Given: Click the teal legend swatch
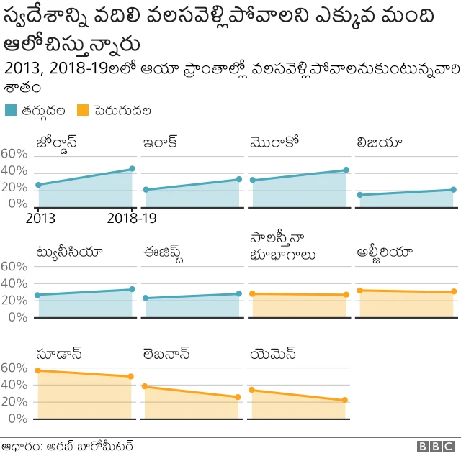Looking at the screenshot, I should click(x=12, y=111).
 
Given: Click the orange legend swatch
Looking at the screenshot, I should click(x=83, y=111).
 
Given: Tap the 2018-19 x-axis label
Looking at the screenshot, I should click(x=132, y=218).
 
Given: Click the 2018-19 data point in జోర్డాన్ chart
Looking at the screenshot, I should click(x=132, y=169).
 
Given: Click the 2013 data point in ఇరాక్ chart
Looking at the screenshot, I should click(x=146, y=190).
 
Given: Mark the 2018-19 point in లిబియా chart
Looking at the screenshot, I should click(x=453, y=190).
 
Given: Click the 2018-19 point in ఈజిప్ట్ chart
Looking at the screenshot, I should click(x=238, y=293).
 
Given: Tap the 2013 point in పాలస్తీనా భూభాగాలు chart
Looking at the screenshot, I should click(x=252, y=293).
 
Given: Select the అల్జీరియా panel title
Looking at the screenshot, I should click(x=385, y=252).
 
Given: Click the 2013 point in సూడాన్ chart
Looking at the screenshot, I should click(x=37, y=370).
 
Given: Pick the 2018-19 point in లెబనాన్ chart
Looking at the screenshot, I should click(x=238, y=397).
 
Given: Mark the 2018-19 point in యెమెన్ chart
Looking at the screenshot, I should click(x=345, y=400).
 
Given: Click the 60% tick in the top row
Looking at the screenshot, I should click(x=14, y=154).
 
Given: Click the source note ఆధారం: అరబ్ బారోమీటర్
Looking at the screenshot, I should click(x=68, y=446).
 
